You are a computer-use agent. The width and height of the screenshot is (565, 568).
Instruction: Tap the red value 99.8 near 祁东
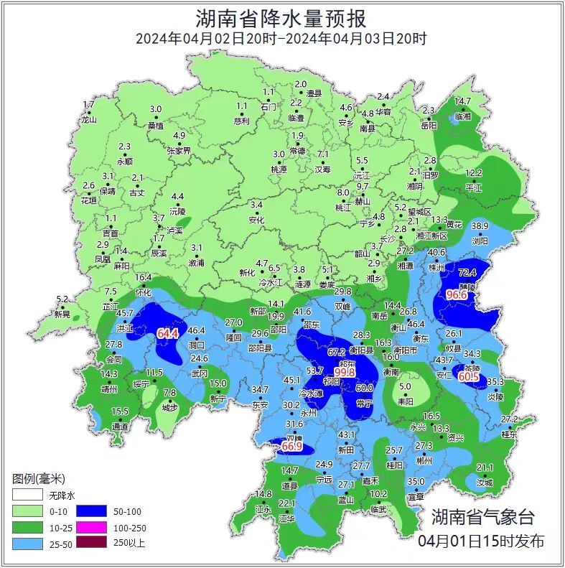pos(345,372)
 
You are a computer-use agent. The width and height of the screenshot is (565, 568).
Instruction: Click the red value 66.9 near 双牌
pos(291,447)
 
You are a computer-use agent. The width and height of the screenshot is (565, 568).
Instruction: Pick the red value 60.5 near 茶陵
pos(470,376)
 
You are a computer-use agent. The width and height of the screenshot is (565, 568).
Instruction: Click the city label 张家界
pos(179,151)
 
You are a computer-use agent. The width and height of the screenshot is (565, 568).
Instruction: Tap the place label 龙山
pos(88,120)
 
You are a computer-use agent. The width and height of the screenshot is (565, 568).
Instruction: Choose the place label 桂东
pos(508,434)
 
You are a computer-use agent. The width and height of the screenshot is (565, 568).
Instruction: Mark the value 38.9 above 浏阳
pos(479,226)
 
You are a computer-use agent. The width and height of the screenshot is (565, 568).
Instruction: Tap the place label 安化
pos(256,220)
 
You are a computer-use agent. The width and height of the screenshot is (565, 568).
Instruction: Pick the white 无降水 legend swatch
pos(26,495)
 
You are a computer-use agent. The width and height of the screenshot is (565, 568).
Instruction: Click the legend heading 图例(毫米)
pos(39,478)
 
